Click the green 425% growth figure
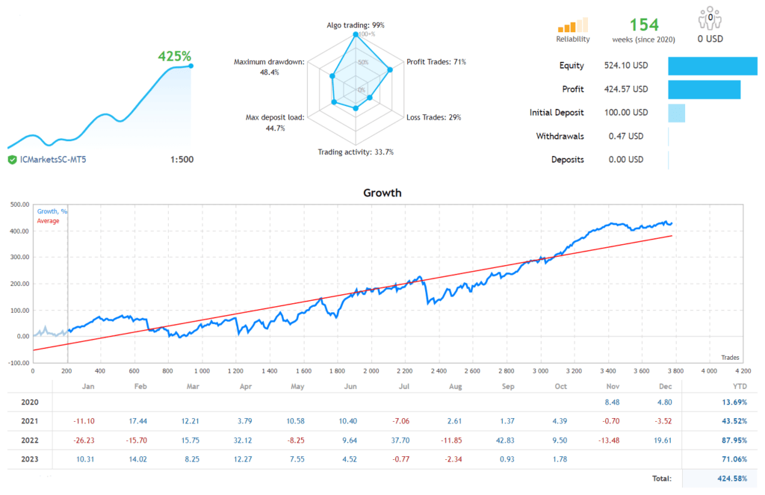click(x=174, y=56)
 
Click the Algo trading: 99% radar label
click(x=355, y=25)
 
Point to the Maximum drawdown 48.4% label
click(x=268, y=67)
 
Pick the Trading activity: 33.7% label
click(x=355, y=152)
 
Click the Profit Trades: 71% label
click(x=436, y=62)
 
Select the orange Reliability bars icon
click(x=573, y=25)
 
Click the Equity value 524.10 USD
click(x=625, y=66)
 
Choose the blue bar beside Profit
click(x=704, y=90)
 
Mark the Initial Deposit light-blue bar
click(x=676, y=113)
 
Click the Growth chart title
click(x=382, y=193)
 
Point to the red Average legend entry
click(x=48, y=221)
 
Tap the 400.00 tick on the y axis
click(x=17, y=231)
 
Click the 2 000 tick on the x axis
click(x=370, y=370)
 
